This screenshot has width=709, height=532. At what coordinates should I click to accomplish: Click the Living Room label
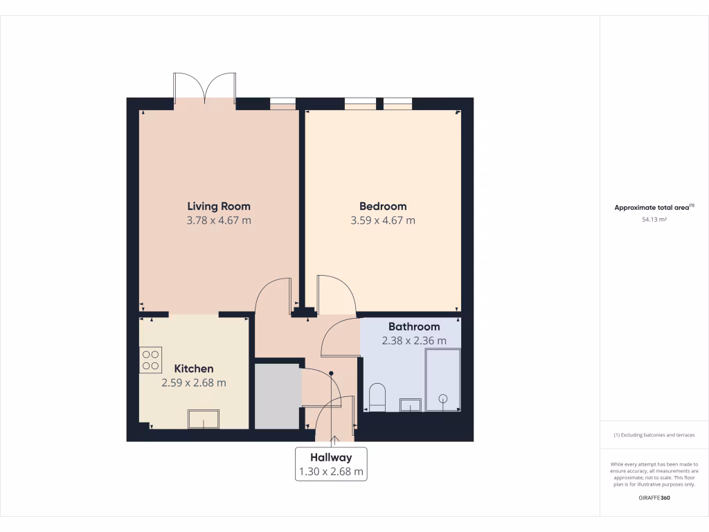click(219, 206)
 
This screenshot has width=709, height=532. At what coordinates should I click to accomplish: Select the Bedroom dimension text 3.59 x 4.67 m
click(383, 221)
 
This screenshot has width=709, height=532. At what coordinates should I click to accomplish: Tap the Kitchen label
click(193, 369)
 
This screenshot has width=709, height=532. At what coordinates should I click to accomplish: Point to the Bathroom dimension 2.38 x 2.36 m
click(414, 341)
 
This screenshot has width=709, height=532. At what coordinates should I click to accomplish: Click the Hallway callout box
click(331, 465)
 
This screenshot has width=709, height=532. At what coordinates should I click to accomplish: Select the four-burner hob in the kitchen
click(150, 360)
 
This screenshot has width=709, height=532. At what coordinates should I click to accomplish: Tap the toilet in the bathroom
click(377, 398)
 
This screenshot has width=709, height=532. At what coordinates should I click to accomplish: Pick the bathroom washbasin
click(410, 404)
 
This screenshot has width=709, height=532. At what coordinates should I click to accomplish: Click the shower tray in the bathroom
click(442, 380)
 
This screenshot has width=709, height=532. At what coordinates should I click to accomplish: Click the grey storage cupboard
click(278, 395)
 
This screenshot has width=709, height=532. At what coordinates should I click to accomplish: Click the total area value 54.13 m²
click(654, 220)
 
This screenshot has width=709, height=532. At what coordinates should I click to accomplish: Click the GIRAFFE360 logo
click(654, 498)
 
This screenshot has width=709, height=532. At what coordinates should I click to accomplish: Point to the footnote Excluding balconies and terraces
click(654, 435)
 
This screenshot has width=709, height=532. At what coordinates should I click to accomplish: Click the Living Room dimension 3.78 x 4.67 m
click(219, 221)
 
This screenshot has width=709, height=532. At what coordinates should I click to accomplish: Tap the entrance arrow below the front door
click(335, 439)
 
